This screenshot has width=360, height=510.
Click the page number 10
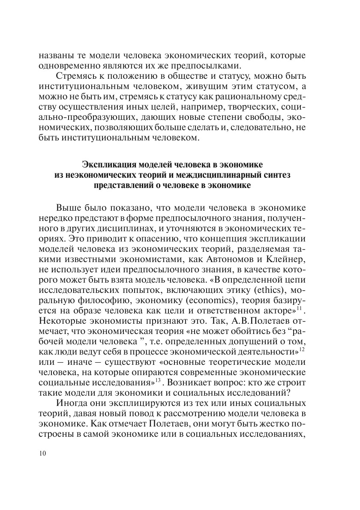42,454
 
